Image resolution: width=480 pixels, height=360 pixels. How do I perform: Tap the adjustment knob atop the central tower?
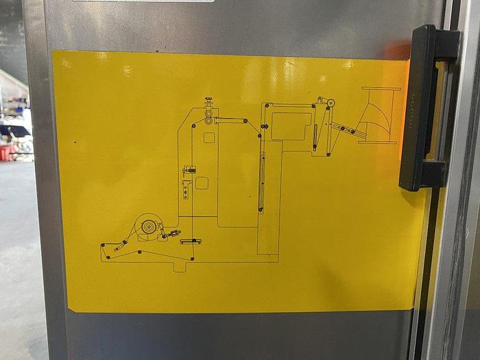[x=208, y=103]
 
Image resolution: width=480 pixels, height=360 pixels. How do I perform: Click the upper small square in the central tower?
[x=209, y=138]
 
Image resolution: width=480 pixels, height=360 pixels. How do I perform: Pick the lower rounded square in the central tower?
[x=202, y=183]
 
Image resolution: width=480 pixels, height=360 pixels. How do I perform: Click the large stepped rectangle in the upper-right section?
[x=291, y=126]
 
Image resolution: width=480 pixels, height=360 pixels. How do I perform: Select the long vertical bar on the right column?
[x=261, y=182]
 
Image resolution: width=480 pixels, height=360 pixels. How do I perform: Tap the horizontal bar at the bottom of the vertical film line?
[x=191, y=241]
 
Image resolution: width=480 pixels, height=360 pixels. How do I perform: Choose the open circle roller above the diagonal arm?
[x=331, y=104]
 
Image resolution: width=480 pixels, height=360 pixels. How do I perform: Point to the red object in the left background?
[x=7, y=152]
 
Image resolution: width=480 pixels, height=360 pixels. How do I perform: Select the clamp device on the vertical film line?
[x=189, y=169]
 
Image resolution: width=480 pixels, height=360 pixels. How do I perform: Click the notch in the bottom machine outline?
[x=180, y=265]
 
